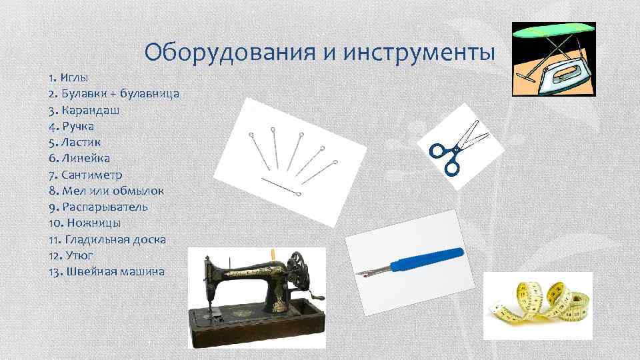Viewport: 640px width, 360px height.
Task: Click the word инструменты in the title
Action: pyautogui.click(x=420, y=51)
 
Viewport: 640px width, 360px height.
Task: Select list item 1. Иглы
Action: pyautogui.click(x=69, y=78)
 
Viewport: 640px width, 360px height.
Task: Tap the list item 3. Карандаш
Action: pyautogui.click(x=84, y=110)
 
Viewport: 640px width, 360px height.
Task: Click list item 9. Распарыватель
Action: pyautogui.click(x=98, y=207)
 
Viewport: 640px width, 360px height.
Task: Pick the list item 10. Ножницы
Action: pyautogui.click(x=84, y=223)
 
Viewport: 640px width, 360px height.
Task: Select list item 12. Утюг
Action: pyautogui.click(x=71, y=255)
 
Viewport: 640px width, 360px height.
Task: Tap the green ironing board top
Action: pyautogui.click(x=553, y=30)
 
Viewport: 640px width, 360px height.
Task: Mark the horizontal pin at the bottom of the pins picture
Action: pyautogui.click(x=279, y=186)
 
